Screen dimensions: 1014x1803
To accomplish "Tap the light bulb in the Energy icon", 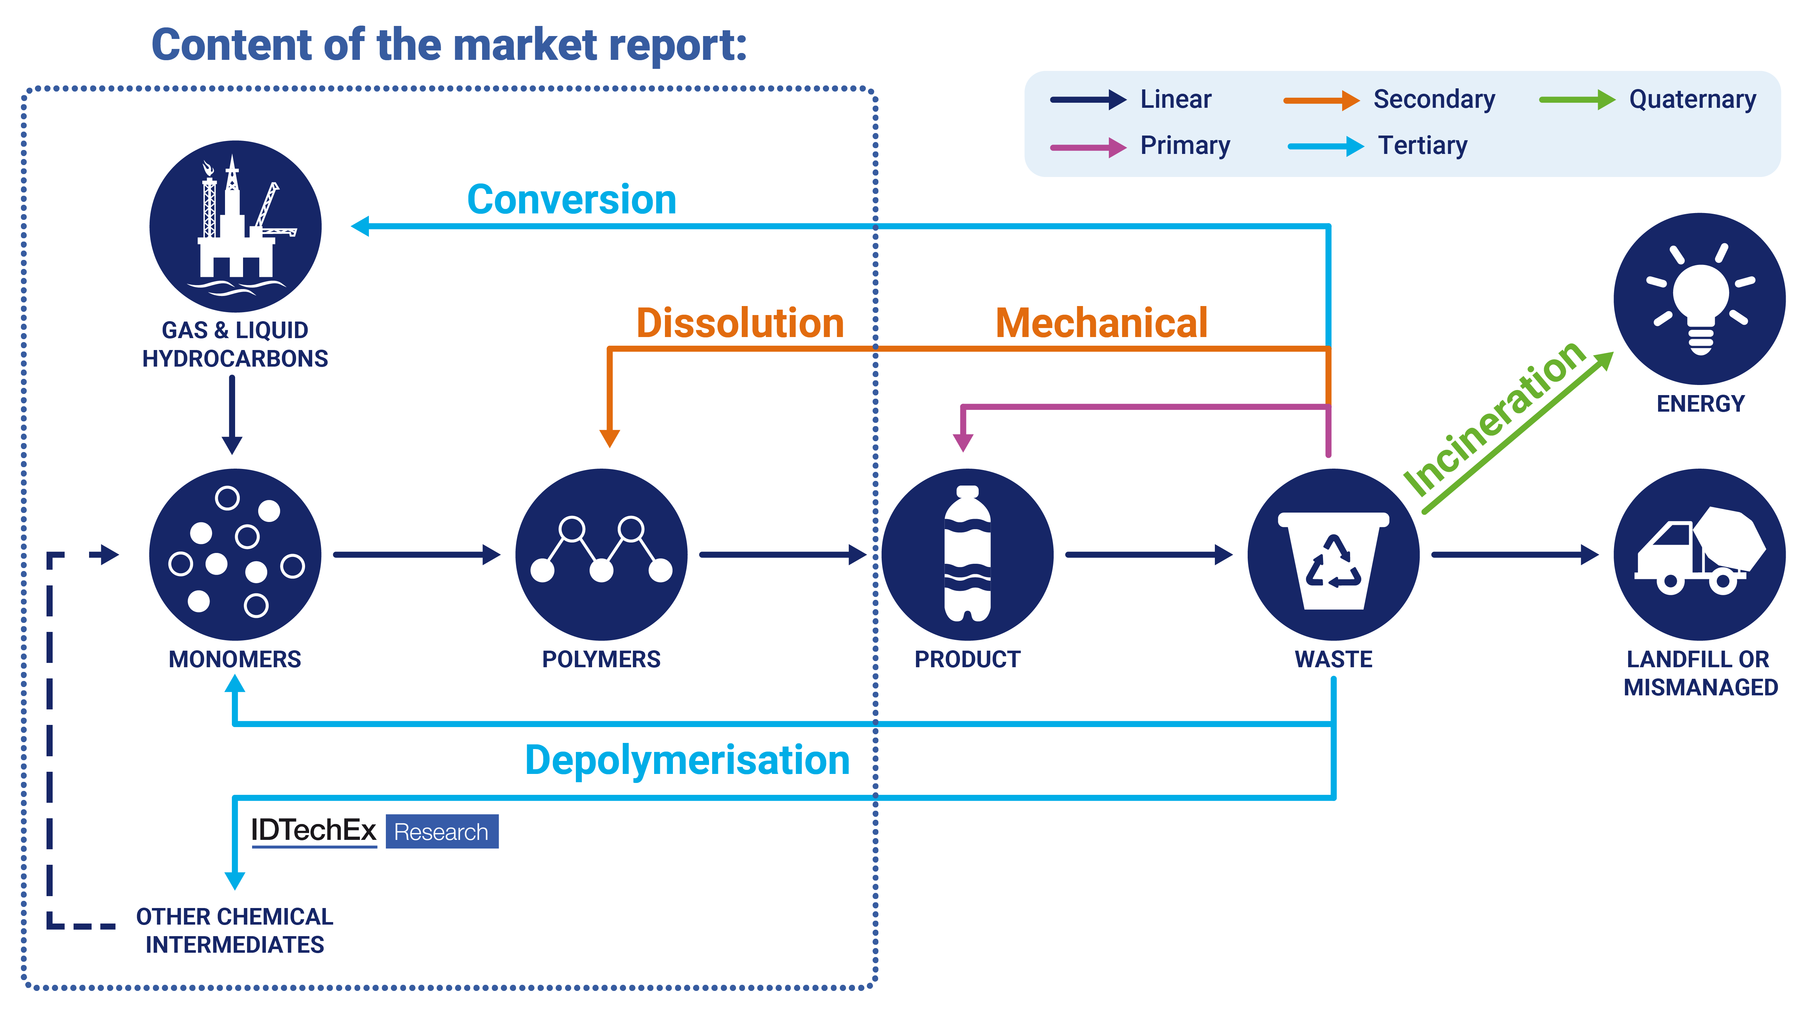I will point(1700,301).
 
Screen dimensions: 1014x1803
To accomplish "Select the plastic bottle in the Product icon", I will point(967,554).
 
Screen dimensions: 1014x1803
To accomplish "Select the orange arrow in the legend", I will point(1320,100).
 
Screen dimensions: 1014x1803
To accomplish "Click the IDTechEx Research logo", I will point(374,831).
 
